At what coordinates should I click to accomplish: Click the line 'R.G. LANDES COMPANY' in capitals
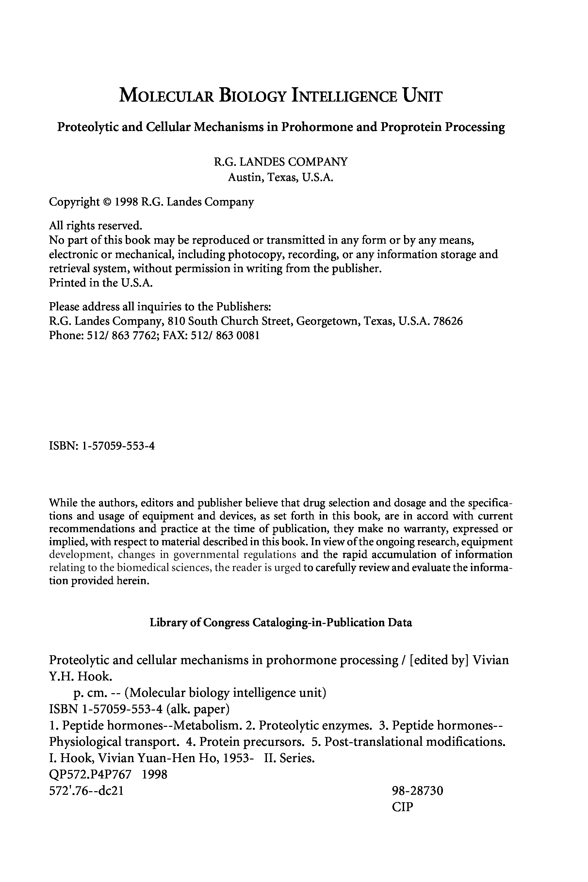(281, 162)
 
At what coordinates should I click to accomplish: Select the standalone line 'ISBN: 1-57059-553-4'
(102, 446)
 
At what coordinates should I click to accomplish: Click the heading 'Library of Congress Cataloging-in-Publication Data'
(281, 623)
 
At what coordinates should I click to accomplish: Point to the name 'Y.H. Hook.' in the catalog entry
(80, 676)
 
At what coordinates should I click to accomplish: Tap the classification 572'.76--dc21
(86, 791)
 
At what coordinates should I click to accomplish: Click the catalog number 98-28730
(417, 791)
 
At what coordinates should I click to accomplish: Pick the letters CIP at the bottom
(402, 807)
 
